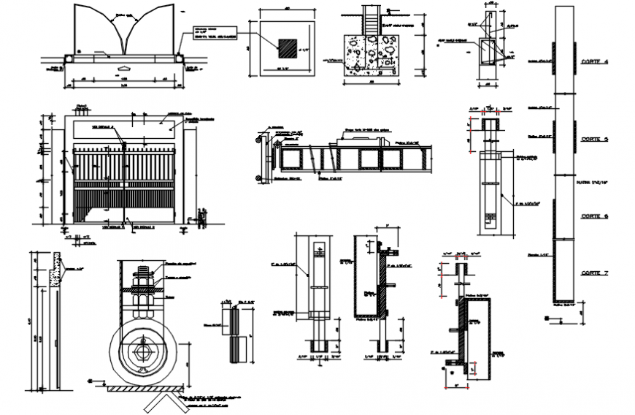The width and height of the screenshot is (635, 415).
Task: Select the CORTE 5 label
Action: pos(595,138)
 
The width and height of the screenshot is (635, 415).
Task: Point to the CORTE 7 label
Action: pos(595,273)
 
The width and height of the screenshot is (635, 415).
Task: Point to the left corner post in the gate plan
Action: pos(69,55)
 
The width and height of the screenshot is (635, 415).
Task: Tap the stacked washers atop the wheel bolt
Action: pos(142,276)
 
